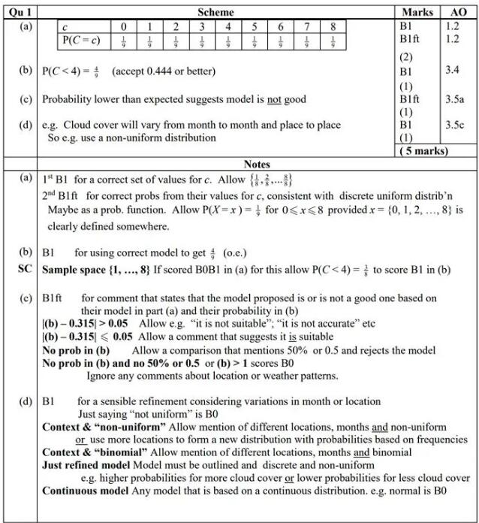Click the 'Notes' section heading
(257, 164)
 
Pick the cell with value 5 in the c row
(255, 27)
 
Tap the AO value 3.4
(454, 71)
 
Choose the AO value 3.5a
(456, 98)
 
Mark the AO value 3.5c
(456, 125)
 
